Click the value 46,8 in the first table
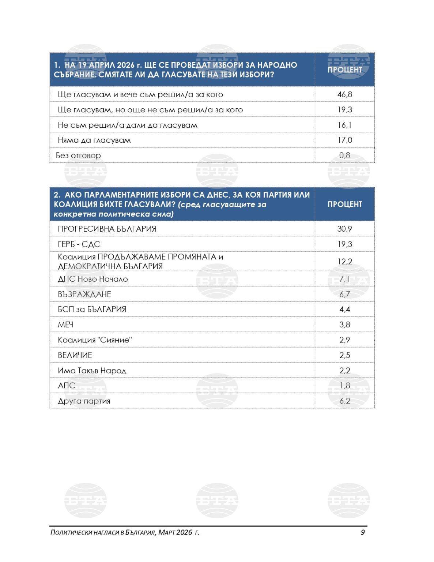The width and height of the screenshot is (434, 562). tap(344, 94)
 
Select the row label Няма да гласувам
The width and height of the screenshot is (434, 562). tap(94, 140)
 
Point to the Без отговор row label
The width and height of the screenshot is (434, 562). tap(78, 156)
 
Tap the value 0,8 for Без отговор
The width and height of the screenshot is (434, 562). tap(344, 156)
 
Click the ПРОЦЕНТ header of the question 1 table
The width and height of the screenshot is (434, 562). tap(344, 70)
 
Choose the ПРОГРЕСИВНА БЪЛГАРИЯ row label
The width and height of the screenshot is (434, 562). tap(107, 229)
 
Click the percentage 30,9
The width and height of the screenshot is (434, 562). tap(344, 229)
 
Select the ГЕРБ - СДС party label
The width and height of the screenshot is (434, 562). tap(79, 244)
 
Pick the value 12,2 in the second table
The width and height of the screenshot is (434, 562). tap(344, 262)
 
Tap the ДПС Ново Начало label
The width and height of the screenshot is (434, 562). tap(93, 279)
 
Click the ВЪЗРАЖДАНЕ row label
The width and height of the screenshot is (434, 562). tap(84, 295)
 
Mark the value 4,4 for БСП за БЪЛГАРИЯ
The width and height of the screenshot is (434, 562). tap(344, 310)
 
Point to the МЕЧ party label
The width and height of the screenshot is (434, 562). tap(65, 325)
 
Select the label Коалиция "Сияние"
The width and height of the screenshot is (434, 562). tap(95, 340)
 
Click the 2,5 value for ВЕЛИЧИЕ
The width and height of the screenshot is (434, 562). tap(344, 355)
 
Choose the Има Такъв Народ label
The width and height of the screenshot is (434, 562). tap(92, 371)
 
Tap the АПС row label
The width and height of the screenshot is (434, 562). tap(67, 386)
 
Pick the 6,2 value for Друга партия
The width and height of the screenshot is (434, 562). tap(344, 401)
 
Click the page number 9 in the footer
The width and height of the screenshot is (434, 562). tap(362, 532)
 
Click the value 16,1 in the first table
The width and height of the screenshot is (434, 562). tap(344, 125)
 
